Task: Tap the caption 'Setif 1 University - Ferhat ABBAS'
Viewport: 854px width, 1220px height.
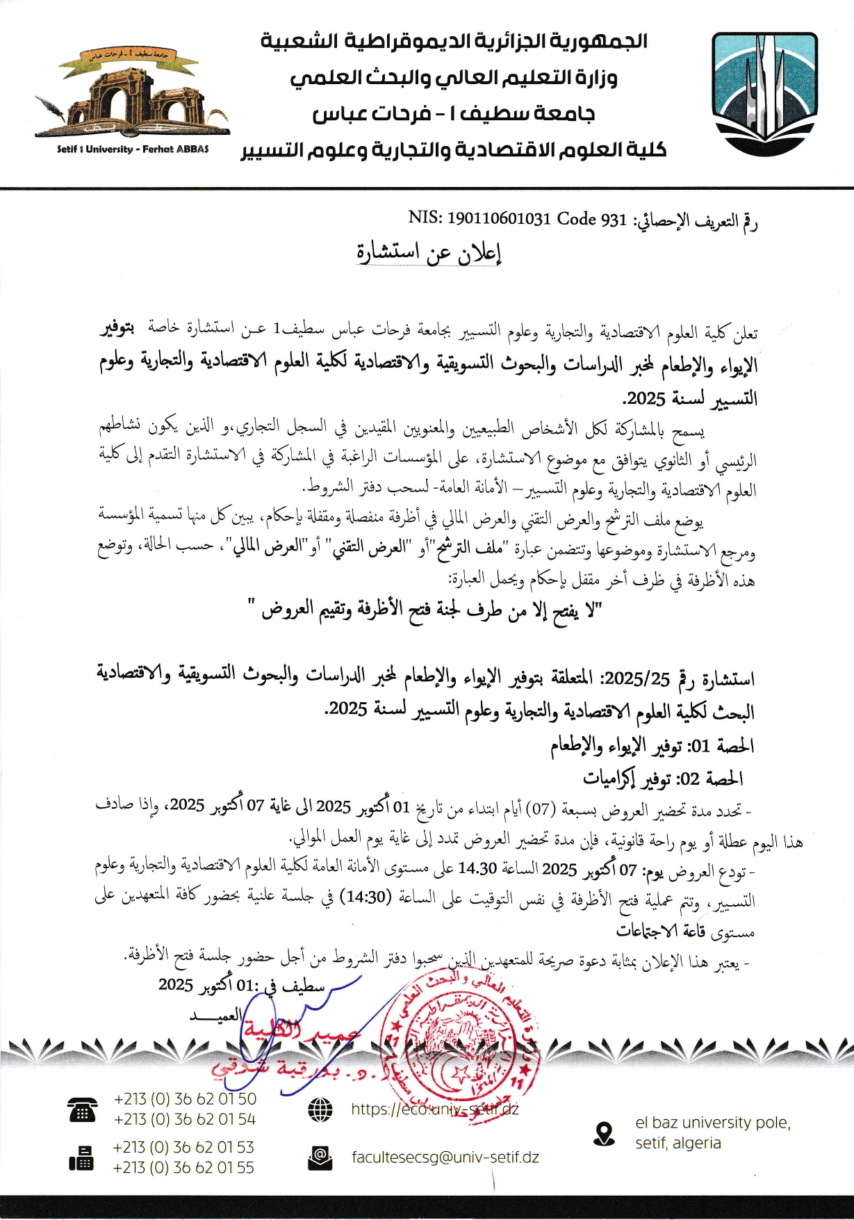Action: coord(133,149)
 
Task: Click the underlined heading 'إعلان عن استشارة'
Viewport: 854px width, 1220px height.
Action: coord(429,252)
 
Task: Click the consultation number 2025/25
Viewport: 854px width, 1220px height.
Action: coord(637,678)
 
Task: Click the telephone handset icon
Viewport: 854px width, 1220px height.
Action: coord(82,1109)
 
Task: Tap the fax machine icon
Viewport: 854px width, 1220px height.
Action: coord(81,1157)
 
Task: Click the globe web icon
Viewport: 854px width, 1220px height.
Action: coord(320,1109)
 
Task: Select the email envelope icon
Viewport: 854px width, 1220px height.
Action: coord(320,1157)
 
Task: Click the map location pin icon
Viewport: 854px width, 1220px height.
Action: coord(605,1134)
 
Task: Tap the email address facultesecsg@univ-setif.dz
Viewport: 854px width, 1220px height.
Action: coord(445,1157)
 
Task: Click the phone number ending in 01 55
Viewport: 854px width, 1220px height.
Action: coord(184,1167)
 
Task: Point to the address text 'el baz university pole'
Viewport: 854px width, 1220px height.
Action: coord(713,1123)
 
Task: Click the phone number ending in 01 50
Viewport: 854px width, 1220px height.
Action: coord(185,1099)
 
